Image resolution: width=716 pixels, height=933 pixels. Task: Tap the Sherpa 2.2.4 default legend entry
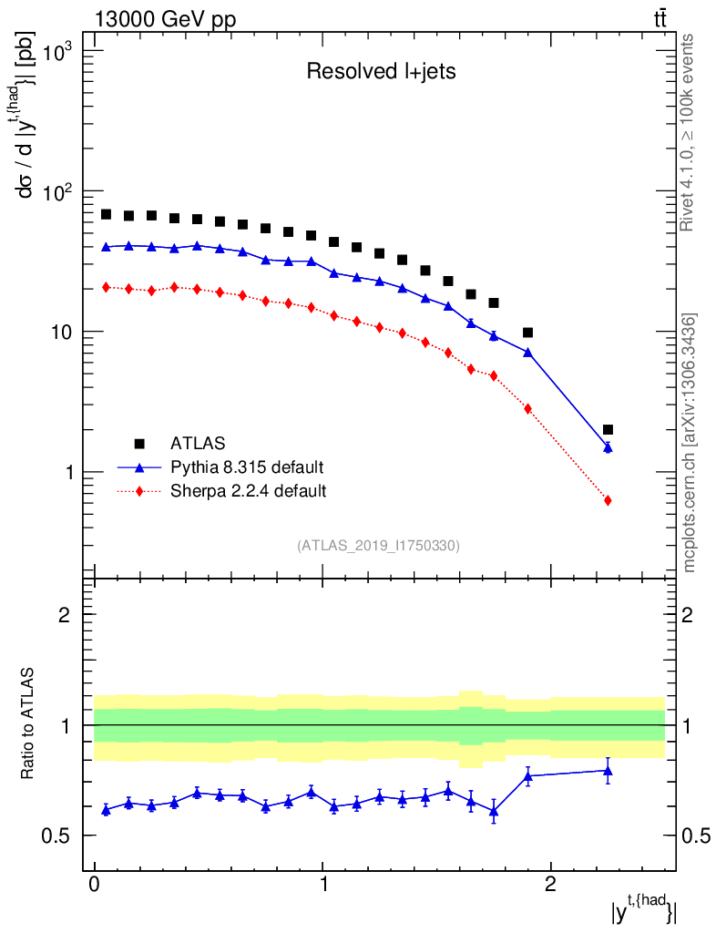249,491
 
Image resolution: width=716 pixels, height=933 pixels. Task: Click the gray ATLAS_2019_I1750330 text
378,546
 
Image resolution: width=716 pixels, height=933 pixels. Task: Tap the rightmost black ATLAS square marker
608,429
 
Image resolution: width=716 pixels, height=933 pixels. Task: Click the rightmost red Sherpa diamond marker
608,500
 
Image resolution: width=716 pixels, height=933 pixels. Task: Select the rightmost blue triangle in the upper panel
608,447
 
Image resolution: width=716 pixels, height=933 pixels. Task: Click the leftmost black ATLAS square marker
106,214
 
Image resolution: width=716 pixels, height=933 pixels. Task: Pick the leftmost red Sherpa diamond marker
106,287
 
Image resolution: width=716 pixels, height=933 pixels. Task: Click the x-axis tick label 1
323,885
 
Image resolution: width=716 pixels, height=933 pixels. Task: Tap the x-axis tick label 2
550,885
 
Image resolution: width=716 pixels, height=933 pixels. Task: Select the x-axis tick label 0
95,885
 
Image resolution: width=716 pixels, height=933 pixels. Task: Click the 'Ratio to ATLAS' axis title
29,725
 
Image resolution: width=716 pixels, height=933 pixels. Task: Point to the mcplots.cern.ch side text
690,443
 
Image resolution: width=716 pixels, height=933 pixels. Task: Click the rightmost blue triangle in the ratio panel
608,771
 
